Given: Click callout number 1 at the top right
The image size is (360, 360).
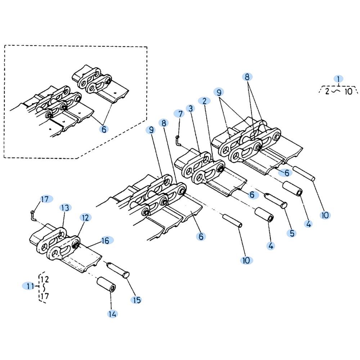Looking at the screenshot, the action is coord(338,79).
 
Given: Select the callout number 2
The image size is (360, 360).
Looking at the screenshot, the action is coord(204,101).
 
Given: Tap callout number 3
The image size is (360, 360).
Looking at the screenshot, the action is coord(190,109).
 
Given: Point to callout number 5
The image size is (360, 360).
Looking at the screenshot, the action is coord(292,233).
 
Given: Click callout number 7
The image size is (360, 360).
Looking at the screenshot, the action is coord(180,114).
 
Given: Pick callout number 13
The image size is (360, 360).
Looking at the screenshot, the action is coord(65,208).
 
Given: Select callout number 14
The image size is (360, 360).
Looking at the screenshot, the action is coord(112,314).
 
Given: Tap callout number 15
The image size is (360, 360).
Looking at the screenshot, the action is coord(136,300).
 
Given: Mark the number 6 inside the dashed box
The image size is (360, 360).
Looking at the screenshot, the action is coord(104,129).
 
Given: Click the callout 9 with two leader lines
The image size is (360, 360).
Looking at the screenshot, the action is coord(219,92).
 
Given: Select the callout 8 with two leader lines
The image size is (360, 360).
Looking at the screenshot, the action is coord(247,77).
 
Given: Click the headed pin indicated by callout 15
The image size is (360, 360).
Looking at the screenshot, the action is coord(118,270).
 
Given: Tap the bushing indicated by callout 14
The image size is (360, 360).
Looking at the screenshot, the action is coord(106,285).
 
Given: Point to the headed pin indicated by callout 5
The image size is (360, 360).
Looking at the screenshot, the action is coord(276,200).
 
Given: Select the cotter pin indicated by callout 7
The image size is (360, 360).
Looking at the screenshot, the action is coord(178,140).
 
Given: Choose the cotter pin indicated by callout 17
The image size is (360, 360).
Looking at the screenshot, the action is coord(33,215).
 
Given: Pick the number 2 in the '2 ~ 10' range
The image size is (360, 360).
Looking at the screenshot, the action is coord(327,91).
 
